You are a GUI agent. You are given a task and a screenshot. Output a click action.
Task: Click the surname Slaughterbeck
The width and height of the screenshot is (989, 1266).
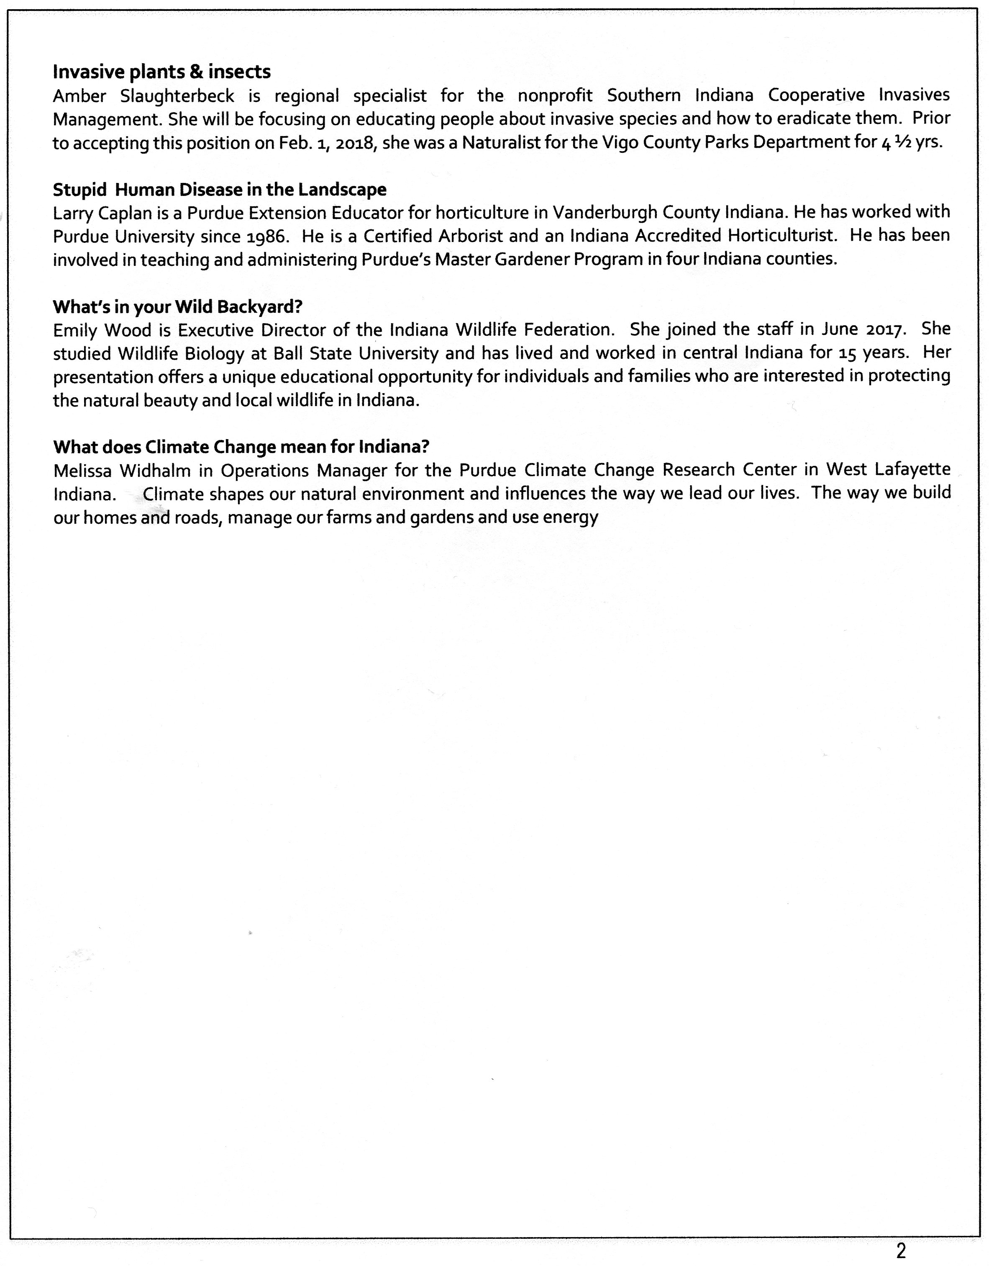tap(177, 95)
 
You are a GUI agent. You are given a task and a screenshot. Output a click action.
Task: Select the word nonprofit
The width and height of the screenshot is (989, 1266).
tap(555, 95)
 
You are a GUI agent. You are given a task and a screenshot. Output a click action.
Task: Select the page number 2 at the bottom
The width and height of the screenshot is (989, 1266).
tap(900, 1251)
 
